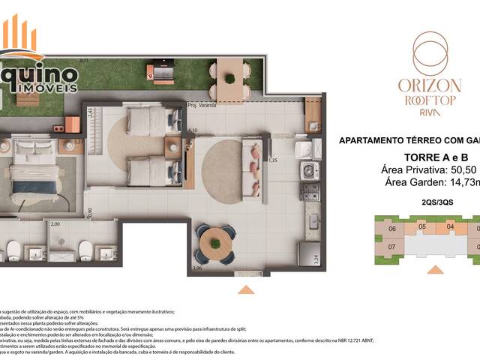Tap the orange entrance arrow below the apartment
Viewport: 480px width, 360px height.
[245, 289]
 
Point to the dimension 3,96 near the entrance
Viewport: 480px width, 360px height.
[197, 268]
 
